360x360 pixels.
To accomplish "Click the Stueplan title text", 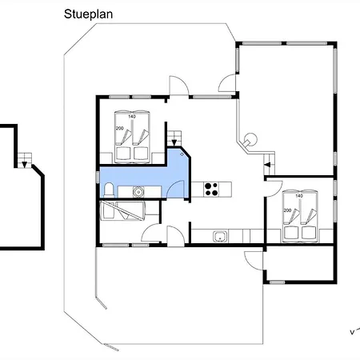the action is click(88, 14).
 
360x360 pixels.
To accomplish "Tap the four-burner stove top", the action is click(211, 189).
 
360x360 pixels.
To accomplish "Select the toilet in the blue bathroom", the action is click(109, 190).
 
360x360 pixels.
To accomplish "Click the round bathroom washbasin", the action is click(138, 191).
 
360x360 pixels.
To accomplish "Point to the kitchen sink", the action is click(220, 236).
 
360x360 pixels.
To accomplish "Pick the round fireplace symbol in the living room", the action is click(250, 139).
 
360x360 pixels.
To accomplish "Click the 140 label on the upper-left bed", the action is click(132, 117).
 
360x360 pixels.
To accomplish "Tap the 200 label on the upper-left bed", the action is click(120, 128).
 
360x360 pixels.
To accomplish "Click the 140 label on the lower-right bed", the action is click(299, 196).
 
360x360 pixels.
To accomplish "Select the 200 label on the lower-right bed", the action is click(287, 210).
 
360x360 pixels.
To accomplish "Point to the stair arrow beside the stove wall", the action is click(174, 141).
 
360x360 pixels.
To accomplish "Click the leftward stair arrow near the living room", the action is click(267, 165).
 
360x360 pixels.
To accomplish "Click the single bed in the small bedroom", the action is click(122, 211).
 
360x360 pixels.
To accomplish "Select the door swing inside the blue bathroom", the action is click(175, 189).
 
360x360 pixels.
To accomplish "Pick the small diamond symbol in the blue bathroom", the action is click(182, 154).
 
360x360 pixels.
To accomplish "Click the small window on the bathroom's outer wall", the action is click(98, 178).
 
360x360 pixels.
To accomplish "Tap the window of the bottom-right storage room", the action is click(277, 282).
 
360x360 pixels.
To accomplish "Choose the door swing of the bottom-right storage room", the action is click(254, 261).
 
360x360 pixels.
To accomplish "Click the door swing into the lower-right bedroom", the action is click(274, 189).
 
